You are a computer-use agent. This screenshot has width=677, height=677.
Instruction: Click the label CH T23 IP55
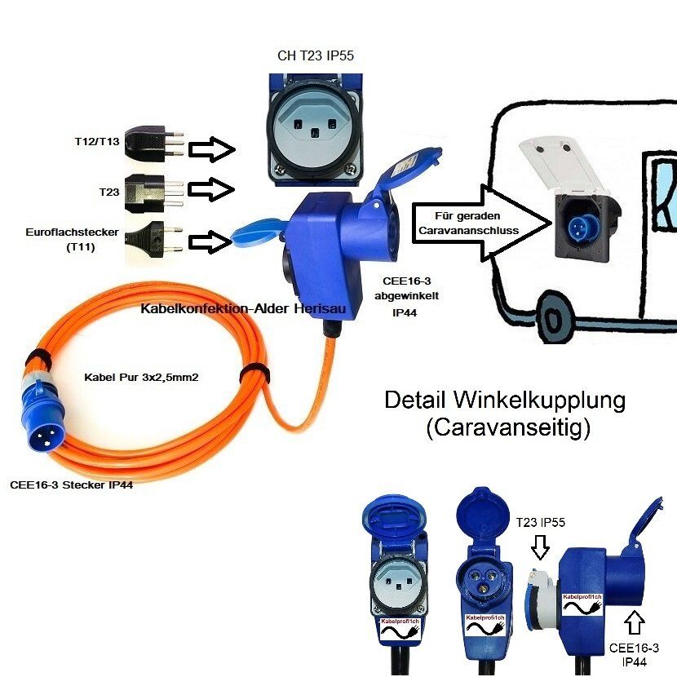316,56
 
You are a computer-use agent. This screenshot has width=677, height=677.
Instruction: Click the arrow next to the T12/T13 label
211,149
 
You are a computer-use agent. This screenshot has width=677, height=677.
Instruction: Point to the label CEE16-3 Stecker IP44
72,485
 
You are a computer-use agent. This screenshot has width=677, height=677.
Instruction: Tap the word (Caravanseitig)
507,427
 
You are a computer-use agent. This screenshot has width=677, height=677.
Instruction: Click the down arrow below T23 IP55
538,548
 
